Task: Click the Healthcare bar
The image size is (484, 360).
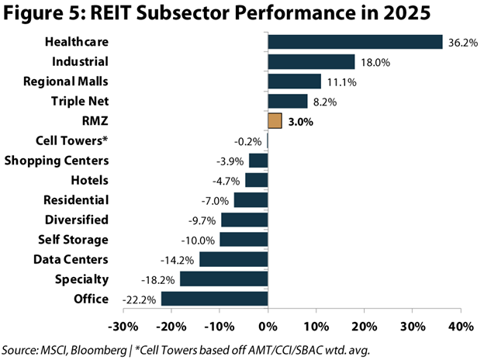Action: click(354, 42)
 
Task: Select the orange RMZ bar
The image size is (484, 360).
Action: click(275, 121)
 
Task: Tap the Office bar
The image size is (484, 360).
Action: click(214, 299)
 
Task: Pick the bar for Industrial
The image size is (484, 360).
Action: click(311, 62)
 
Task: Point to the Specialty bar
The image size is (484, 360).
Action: click(223, 279)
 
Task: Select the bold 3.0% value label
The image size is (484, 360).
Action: click(300, 121)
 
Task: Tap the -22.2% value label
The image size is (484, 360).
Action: click(140, 299)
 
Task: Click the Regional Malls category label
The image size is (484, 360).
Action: click(67, 81)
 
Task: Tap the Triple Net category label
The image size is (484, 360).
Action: click(79, 101)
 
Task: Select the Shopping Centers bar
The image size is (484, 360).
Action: click(258, 161)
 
